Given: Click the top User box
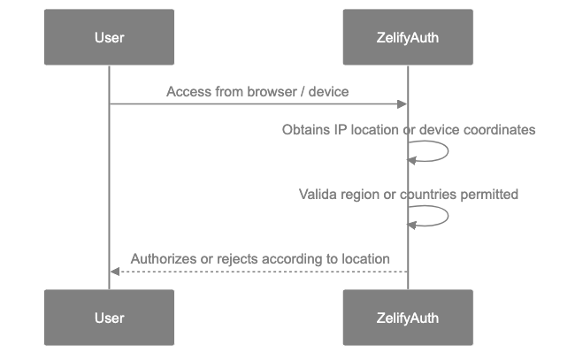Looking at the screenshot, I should tap(109, 37).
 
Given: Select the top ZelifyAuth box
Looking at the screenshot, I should tap(408, 37).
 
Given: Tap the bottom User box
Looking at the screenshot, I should tap(109, 317).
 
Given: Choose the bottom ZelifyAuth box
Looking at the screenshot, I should tap(408, 317).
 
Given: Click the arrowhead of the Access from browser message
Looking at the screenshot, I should tap(402, 104).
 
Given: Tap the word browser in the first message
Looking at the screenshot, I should tap(263, 91).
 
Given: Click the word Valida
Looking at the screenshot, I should tap(317, 193).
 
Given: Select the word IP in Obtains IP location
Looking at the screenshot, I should tap(339, 130).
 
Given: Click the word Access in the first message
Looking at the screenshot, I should tap(187, 91).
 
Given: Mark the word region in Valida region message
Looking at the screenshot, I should tap(359, 193).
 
